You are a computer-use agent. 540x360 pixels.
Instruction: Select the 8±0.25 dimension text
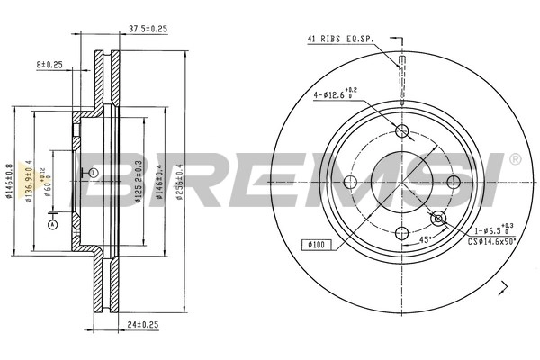(49, 65)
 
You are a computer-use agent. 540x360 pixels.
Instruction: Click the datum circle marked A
(52, 224)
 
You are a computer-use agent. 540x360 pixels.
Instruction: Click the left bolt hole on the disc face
(352, 184)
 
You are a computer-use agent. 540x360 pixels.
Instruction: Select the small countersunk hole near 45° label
(438, 219)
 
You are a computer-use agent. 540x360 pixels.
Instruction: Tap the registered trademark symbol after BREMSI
(514, 159)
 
